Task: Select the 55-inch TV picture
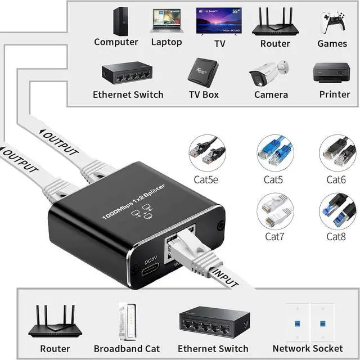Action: pyautogui.click(x=218, y=21)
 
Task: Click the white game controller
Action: pyautogui.click(x=332, y=22)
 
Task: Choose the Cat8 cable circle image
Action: pyautogui.click(x=338, y=210)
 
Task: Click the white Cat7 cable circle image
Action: pyautogui.click(x=275, y=210)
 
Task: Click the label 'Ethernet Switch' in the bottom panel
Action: pyautogui.click(x=213, y=349)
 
